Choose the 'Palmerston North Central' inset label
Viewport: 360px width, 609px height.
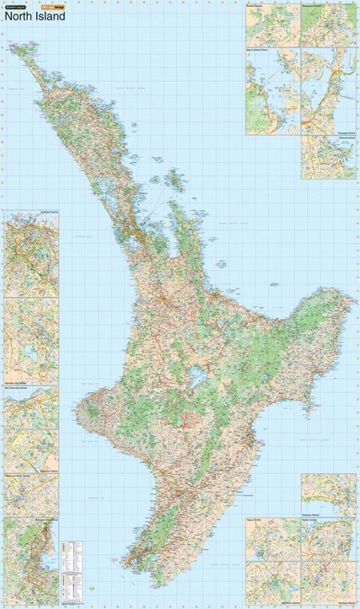coord(23,476)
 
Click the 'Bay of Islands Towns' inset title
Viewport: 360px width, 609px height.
coord(262,50)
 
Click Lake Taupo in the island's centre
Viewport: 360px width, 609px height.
coord(196,377)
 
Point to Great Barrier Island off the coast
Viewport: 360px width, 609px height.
coord(177,180)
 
